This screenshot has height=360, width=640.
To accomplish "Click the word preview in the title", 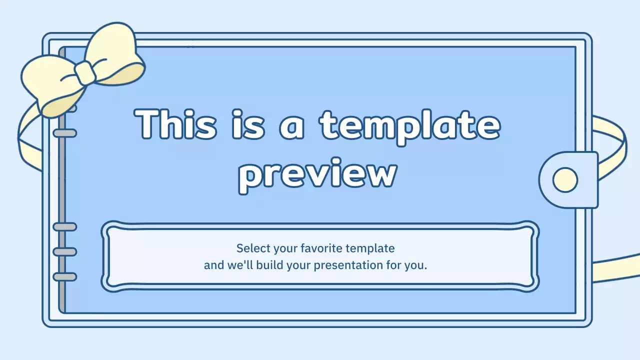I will coord(317,175).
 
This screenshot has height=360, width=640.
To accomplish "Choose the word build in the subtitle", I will coord(270,265).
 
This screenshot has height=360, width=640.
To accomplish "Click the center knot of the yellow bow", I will coord(85,72).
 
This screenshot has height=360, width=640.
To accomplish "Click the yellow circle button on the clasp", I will coord(565,179).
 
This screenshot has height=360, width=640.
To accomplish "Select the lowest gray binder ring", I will coord(64,276).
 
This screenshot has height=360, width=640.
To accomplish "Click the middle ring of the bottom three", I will coord(64,251).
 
